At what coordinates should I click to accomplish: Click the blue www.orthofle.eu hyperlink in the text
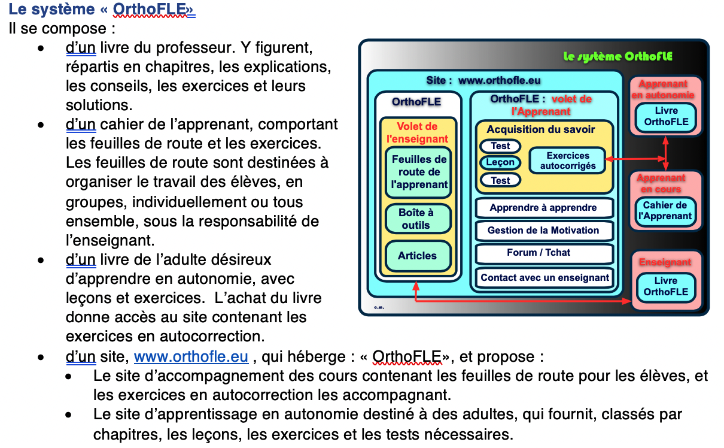point(191,357)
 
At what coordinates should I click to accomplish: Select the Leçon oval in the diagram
point(500,162)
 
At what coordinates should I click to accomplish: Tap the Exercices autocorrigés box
point(568,161)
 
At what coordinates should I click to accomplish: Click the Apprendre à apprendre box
point(543,208)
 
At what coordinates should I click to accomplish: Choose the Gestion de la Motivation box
point(543,230)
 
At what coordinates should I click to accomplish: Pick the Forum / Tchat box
point(539,253)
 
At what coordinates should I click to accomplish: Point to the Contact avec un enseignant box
point(544,277)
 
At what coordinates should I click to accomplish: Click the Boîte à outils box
point(416,219)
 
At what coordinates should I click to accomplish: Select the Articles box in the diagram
point(417,256)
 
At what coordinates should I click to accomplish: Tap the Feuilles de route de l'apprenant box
point(419,172)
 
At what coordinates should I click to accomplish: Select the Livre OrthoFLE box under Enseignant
point(666,286)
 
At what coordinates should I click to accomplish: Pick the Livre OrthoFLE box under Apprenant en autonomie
point(666,116)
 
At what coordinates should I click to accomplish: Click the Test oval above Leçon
point(500,146)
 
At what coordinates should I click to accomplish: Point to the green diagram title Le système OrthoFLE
point(617,57)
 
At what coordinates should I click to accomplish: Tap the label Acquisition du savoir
point(541,129)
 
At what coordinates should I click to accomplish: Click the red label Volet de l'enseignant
point(417,132)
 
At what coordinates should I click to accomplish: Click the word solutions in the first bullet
point(98,105)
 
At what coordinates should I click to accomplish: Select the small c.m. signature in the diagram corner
point(379,307)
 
